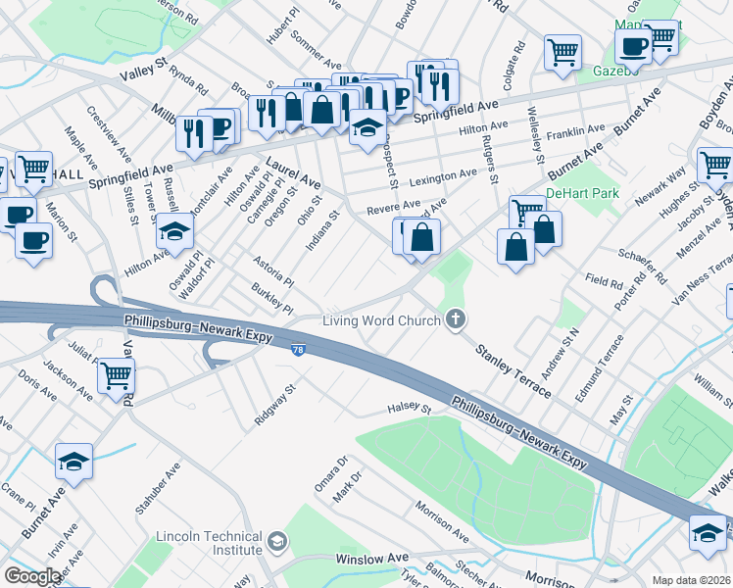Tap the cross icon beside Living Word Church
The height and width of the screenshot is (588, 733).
(454, 318)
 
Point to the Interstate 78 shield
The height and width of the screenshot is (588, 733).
(298, 348)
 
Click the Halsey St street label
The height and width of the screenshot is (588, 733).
(409, 407)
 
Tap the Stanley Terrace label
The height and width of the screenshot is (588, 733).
(513, 369)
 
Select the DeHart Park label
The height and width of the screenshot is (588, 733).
(582, 193)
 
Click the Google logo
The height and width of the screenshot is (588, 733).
(31, 576)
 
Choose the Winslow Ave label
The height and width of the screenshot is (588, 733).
(370, 559)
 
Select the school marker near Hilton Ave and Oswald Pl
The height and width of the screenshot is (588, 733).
(174, 232)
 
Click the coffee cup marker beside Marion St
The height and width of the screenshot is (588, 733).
(33, 240)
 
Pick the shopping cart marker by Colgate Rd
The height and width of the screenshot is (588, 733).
(562, 52)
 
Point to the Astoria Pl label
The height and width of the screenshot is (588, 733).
(274, 271)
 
